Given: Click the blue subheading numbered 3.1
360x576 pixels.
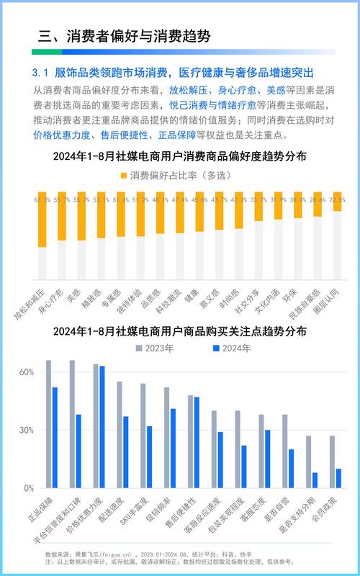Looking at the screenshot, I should click(173, 73).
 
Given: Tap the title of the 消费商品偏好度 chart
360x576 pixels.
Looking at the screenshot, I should click(180, 156).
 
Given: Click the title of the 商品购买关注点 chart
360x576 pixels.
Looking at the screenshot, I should click(180, 332).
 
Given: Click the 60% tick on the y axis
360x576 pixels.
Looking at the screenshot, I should click(26, 372).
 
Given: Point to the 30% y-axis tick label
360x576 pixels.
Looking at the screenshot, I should click(26, 430).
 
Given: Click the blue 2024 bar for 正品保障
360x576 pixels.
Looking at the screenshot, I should click(55, 438).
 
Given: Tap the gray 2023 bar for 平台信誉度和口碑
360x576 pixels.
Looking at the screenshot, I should click(72, 424).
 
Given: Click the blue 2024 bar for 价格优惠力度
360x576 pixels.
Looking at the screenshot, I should click(102, 427).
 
